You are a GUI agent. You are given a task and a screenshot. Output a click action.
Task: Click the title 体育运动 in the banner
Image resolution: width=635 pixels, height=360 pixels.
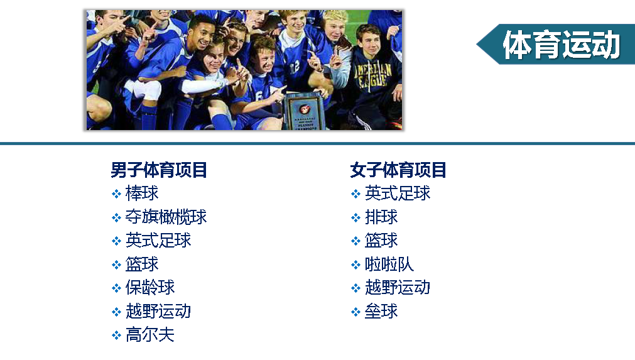[x=562, y=45]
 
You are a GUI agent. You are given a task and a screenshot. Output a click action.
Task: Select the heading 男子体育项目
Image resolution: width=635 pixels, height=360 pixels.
[x=159, y=170]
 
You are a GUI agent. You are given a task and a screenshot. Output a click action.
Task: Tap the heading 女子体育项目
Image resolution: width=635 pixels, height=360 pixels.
[x=398, y=170]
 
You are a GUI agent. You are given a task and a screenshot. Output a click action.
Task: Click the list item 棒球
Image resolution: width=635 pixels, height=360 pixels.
[x=142, y=193]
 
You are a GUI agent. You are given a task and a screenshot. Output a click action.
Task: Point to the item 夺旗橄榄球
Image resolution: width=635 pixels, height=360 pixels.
[x=166, y=217]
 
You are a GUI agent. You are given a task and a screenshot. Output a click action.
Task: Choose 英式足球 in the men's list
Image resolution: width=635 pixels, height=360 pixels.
[x=158, y=240]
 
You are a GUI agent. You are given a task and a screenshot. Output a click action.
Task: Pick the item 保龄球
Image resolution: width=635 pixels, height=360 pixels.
[x=150, y=288]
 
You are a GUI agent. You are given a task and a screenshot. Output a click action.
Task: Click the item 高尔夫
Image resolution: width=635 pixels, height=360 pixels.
[x=150, y=335]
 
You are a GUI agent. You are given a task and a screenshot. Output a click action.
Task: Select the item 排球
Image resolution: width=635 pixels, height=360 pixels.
[x=381, y=217]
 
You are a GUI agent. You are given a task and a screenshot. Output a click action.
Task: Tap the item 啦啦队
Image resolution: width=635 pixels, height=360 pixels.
[x=389, y=264]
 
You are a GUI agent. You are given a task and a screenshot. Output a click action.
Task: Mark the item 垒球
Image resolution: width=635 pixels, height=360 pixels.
[x=381, y=312]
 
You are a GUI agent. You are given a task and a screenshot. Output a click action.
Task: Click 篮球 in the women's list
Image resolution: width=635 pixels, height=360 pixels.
[x=381, y=240]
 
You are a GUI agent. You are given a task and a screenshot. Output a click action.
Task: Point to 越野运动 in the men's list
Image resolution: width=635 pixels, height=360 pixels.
[x=158, y=312]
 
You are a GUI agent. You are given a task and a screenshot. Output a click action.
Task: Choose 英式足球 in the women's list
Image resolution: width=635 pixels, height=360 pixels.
[x=398, y=193]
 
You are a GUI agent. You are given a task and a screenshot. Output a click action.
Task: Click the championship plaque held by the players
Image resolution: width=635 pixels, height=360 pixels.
[x=304, y=112]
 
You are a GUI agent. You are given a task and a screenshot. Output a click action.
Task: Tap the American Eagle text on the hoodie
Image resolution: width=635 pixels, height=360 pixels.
[x=373, y=75]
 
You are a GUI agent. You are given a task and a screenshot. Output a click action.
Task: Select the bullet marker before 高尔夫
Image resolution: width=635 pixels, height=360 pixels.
[x=116, y=335]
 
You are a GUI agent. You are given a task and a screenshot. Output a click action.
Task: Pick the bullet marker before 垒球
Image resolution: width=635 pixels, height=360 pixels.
[x=355, y=312]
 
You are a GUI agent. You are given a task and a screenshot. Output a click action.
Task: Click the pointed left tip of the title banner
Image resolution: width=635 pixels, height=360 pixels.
[x=477, y=45]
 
